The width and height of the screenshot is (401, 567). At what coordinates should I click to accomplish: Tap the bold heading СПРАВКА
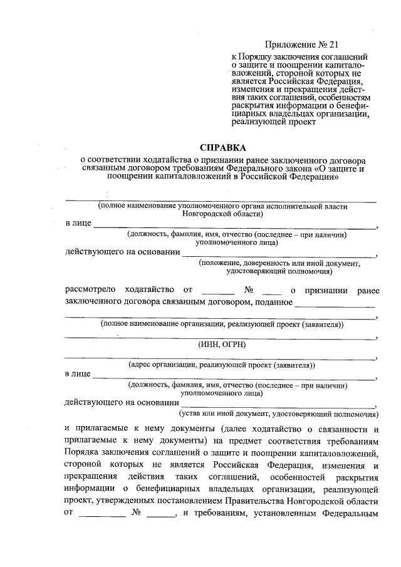pos(223,148)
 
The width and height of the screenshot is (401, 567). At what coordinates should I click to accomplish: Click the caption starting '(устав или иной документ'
pos(278,414)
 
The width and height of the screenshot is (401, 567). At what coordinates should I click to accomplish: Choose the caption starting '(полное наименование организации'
pos(222,325)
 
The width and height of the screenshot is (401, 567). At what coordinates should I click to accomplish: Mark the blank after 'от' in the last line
pos(102,516)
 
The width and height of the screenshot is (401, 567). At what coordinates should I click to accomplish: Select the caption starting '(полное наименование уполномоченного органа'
pos(222,205)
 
